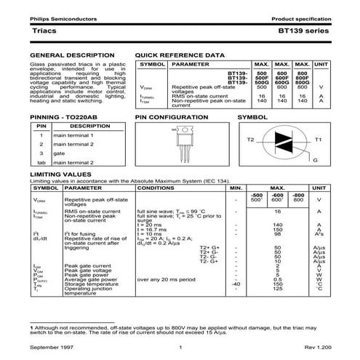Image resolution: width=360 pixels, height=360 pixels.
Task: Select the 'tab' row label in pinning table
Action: pyautogui.click(x=41, y=163)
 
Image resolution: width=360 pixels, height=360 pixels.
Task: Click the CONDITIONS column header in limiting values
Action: pyautogui.click(x=161, y=188)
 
